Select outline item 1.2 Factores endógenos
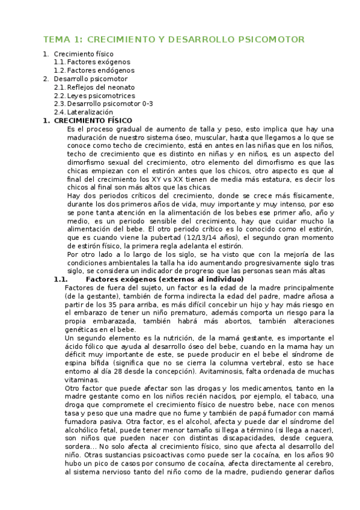(x=100, y=70)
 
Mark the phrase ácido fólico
(x=85, y=347)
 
